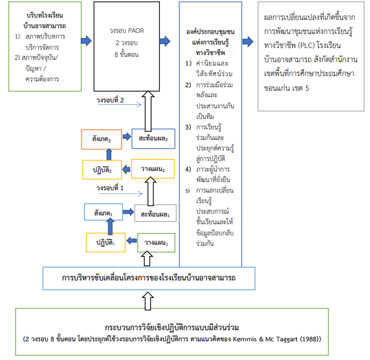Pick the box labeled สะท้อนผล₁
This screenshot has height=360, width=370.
pos(155,214)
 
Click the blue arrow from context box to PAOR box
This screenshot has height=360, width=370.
pos(86,40)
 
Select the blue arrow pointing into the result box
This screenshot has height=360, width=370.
pos(248,40)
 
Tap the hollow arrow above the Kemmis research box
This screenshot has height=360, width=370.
pos(149,299)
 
